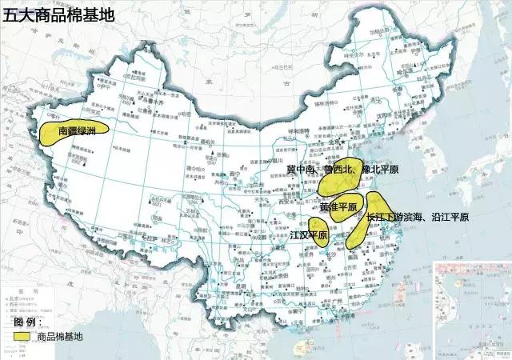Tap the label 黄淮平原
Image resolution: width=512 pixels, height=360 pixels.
[x=338, y=206]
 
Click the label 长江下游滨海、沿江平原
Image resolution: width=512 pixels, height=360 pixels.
[x=416, y=217]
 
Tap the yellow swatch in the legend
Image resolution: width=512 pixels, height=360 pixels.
[x=25, y=337]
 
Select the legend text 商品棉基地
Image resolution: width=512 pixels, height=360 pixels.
[x=60, y=337]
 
